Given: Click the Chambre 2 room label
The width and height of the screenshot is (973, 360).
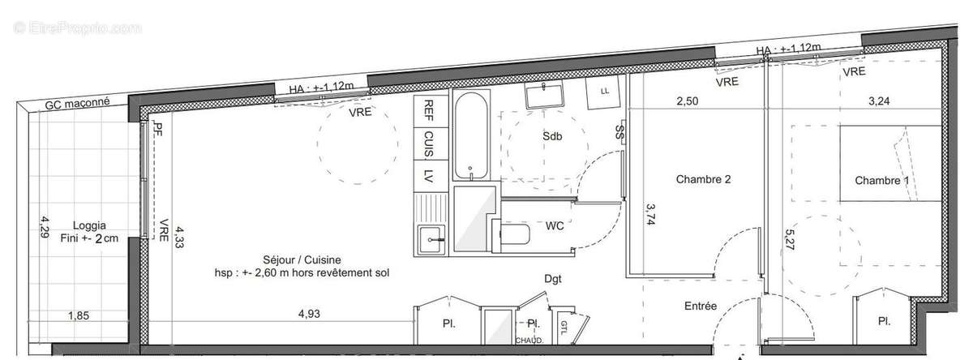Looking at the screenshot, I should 704,180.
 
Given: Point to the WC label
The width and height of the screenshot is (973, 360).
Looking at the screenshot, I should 555,225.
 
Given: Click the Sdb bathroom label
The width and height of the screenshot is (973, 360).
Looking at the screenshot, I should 552,137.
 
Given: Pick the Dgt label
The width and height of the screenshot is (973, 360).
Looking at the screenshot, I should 553,279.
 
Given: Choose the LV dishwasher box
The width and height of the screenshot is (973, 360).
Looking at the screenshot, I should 427,174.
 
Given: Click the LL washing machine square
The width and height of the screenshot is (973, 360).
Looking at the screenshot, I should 605,91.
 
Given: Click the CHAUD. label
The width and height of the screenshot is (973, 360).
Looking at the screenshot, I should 529,341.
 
